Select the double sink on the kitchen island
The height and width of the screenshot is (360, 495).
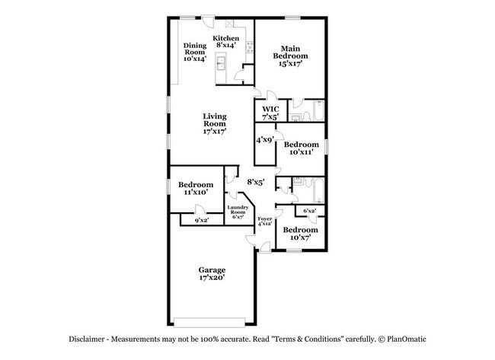pos(222,62)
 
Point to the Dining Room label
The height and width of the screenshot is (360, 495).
pos(194,52)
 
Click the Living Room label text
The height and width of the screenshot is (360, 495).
pos(214,123)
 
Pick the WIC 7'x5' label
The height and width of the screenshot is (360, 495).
pos(271,113)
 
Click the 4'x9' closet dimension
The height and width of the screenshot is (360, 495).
pos(265,139)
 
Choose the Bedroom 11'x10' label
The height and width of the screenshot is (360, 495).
pos(196,189)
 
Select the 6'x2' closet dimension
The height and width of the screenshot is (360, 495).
pos(309,210)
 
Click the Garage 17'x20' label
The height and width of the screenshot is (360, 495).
pos(212,274)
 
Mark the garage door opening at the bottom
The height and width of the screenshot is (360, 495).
pos(210,320)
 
